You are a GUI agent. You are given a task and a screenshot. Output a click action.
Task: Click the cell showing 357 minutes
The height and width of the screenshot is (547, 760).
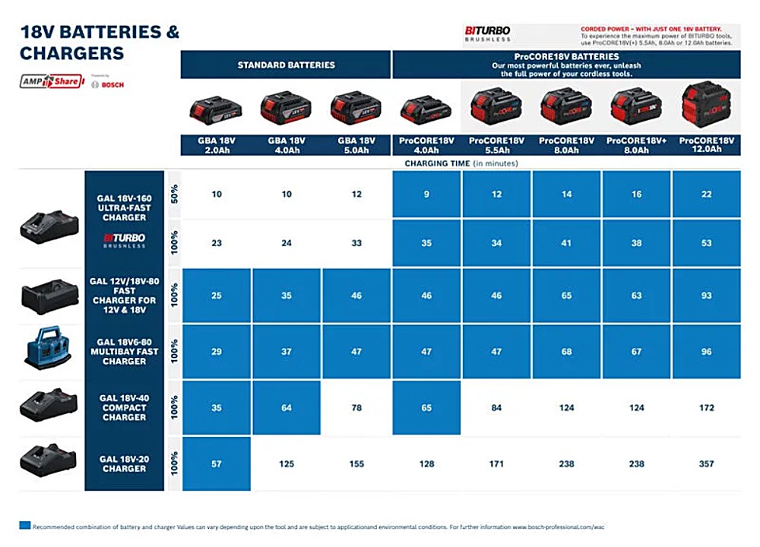[706, 463]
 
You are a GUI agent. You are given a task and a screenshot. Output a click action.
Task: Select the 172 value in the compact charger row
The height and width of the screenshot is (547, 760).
[706, 408]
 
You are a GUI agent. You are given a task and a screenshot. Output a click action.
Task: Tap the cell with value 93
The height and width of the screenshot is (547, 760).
[706, 296]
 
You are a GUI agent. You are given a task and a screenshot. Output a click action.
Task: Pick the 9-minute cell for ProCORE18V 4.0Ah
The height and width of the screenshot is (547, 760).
[426, 194]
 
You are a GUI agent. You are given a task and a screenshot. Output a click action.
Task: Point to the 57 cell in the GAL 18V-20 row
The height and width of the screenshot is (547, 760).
[217, 463]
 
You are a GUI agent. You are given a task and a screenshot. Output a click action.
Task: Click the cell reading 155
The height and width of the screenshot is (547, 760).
[356, 463]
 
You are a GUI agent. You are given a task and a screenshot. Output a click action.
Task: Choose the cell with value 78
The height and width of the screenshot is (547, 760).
[356, 408]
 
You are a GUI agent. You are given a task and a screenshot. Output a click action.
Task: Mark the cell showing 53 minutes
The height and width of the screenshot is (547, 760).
[706, 243]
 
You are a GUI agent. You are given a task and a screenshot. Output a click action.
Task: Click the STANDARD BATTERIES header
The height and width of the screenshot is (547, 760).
[286, 65]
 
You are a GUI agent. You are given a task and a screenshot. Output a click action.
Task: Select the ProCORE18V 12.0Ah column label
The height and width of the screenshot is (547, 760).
[706, 145]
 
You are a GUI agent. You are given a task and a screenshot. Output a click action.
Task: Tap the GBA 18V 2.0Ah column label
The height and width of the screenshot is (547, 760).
[216, 145]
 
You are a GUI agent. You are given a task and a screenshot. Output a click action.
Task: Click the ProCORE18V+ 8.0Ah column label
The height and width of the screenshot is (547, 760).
[636, 145]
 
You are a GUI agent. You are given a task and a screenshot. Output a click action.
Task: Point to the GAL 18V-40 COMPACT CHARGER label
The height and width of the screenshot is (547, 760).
[124, 407]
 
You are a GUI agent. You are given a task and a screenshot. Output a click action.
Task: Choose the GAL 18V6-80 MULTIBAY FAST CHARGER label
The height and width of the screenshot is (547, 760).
[124, 351]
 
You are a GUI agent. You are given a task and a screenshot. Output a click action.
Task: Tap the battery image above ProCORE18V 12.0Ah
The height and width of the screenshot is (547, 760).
[706, 106]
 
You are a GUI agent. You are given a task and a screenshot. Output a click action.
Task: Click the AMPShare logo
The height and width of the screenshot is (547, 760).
[51, 81]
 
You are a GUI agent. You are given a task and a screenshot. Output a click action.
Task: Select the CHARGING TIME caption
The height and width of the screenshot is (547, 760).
[461, 163]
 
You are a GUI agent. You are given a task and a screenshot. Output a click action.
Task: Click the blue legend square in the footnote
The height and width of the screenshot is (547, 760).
[25, 525]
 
